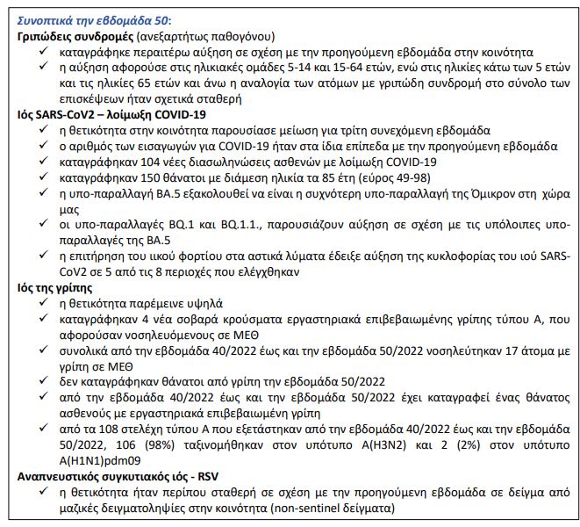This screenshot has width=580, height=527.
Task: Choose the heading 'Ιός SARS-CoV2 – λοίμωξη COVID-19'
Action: click(111, 114)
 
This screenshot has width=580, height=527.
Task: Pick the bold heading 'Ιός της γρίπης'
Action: click(59, 286)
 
